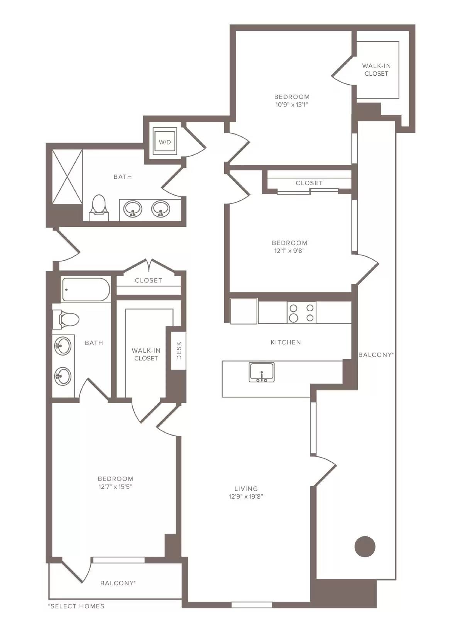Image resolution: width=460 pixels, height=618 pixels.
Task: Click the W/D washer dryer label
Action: click(x=164, y=142)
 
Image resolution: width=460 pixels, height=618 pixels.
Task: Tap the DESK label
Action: click(x=179, y=350)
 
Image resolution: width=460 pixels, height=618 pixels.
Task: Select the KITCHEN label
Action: click(x=286, y=342)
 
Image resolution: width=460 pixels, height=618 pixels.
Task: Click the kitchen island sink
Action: click(x=262, y=372)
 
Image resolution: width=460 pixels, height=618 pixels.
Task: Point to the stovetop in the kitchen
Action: click(x=301, y=312)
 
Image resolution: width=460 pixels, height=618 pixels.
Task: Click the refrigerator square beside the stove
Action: click(x=244, y=311)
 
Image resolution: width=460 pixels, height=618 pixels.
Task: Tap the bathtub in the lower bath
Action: click(x=85, y=290)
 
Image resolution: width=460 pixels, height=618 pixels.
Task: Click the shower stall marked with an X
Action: click(x=68, y=177)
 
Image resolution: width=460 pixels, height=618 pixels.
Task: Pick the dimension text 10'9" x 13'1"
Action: click(x=292, y=105)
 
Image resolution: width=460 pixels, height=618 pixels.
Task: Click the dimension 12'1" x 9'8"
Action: click(x=289, y=250)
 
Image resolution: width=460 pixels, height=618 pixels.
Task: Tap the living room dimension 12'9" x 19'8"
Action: click(x=246, y=496)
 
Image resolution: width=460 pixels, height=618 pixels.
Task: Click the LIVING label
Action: click(x=246, y=489)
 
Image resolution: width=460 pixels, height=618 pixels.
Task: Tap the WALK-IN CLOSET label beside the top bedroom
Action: click(x=376, y=70)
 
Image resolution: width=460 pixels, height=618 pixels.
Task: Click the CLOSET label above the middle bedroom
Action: click(x=309, y=183)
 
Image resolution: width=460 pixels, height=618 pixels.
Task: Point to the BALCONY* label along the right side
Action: click(x=376, y=355)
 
